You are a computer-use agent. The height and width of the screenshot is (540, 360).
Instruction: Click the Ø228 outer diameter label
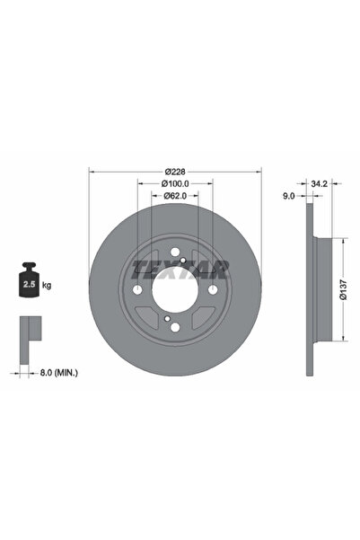[x=175, y=171]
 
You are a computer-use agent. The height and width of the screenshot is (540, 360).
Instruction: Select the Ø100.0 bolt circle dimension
[x=175, y=183]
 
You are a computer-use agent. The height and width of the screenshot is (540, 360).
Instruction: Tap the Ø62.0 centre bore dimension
[x=175, y=196]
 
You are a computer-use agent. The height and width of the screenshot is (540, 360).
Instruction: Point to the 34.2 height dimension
[x=319, y=183]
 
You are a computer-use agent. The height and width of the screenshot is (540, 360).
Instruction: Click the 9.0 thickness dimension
[x=289, y=196]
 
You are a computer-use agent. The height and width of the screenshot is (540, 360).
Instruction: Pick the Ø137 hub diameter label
[x=343, y=289]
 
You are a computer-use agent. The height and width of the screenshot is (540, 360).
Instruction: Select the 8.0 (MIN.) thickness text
[x=59, y=372]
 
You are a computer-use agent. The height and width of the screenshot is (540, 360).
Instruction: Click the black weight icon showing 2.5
[x=29, y=279]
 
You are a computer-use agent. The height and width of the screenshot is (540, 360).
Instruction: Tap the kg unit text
[x=47, y=285]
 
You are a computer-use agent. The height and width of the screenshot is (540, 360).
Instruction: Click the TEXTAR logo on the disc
[x=180, y=269]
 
